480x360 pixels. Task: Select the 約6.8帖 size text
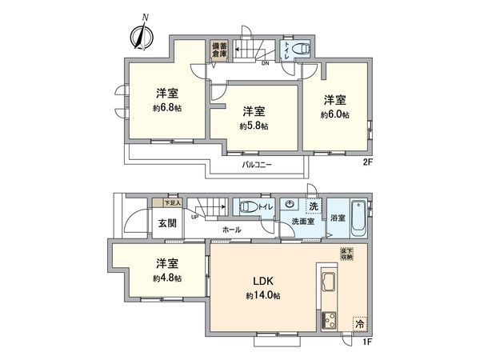(168, 108)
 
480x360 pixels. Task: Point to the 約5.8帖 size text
(254, 126)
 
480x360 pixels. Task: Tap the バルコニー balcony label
(258, 164)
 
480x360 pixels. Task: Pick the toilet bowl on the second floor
(302, 50)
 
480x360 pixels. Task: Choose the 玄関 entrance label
(166, 222)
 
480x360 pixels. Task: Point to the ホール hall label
(232, 229)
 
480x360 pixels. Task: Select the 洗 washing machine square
(314, 206)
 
